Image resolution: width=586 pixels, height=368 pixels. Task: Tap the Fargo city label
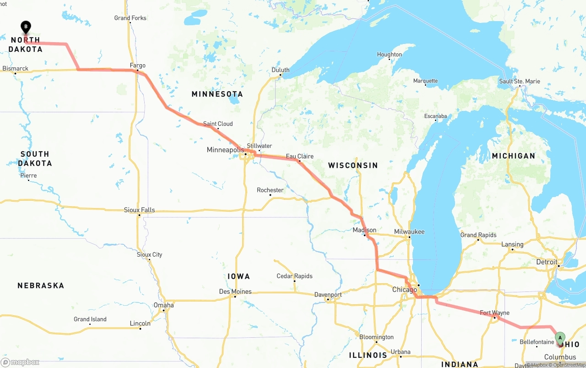coord(137,66)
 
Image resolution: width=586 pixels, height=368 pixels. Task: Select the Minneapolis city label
coord(225,150)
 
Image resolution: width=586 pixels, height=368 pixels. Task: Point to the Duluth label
coord(280,70)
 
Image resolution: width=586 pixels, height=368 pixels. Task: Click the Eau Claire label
coord(299,156)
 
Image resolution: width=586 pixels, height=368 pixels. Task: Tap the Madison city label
coord(364,230)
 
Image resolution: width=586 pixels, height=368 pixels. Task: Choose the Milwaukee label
coord(409,231)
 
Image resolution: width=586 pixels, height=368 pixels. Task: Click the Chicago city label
coord(404,290)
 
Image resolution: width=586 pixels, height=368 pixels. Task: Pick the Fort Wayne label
coord(494,313)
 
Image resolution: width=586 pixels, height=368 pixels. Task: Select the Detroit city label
coord(547,262)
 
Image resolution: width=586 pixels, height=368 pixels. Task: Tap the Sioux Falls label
coord(139,210)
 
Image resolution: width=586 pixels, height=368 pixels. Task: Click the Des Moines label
coord(235,291)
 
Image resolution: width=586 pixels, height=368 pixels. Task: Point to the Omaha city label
coord(163,305)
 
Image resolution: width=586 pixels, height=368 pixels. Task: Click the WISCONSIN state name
coord(353,165)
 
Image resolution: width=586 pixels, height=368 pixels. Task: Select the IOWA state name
coord(239,276)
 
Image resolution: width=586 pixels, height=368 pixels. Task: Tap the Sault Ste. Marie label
coord(520,82)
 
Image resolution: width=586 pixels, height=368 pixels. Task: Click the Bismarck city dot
coord(15,73)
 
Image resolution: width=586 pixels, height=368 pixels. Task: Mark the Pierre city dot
coord(28,180)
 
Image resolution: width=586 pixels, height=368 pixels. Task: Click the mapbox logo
coord(20,362)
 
